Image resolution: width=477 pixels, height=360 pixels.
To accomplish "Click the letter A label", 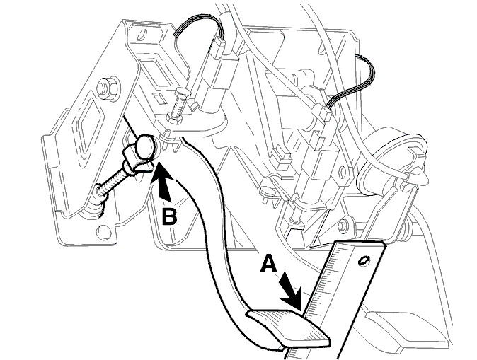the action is coord(269,263).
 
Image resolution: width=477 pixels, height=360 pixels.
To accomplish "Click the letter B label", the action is coord(169,216).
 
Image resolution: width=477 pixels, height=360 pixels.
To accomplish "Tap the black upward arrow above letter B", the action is coord(163,182).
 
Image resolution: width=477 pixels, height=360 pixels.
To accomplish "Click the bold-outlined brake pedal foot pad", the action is coord(288,328).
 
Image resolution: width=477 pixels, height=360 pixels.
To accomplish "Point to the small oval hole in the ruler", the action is coord(363,260).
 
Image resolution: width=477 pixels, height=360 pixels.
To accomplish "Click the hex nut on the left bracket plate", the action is coord(107,88).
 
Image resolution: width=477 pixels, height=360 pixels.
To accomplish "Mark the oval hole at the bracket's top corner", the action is coord(141,35).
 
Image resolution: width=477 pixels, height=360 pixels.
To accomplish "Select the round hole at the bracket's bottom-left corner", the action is coord(103,232).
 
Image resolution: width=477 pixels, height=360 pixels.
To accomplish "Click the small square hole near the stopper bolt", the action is coord(159,98).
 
